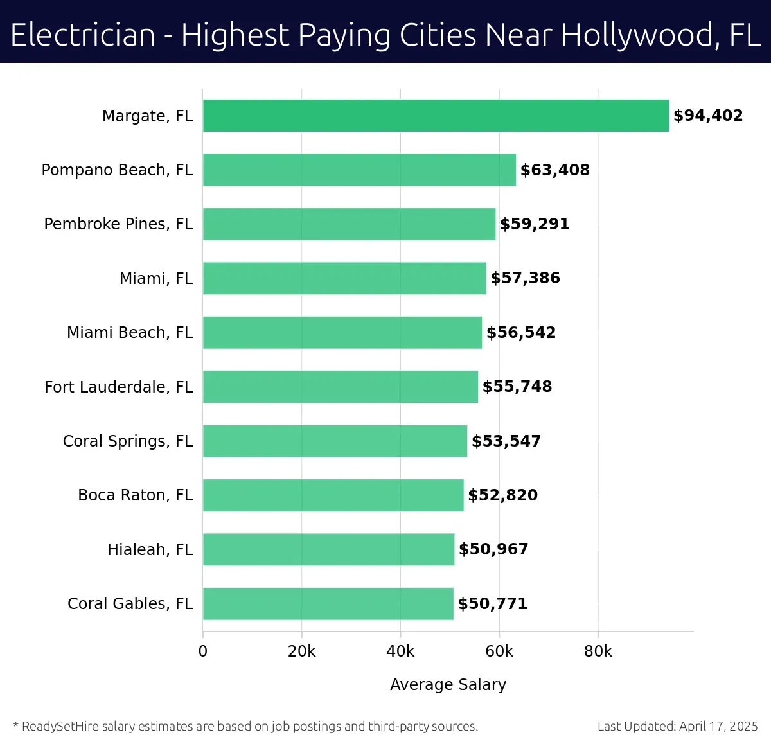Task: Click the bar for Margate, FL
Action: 436,116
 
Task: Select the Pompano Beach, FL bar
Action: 359,170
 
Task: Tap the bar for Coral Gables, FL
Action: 328,604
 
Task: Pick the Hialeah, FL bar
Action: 328,549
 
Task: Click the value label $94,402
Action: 708,116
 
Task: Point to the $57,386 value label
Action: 525,278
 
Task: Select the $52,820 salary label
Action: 502,495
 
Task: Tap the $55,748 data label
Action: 517,387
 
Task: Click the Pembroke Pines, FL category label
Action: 118,224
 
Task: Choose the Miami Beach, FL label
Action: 130,333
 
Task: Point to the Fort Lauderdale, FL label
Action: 118,387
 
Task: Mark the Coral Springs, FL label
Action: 127,441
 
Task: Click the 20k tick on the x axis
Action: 301,651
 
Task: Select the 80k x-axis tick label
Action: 598,651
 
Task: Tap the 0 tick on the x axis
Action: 203,651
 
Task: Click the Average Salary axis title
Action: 448,685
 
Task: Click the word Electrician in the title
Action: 83,35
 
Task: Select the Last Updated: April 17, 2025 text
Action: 677,727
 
